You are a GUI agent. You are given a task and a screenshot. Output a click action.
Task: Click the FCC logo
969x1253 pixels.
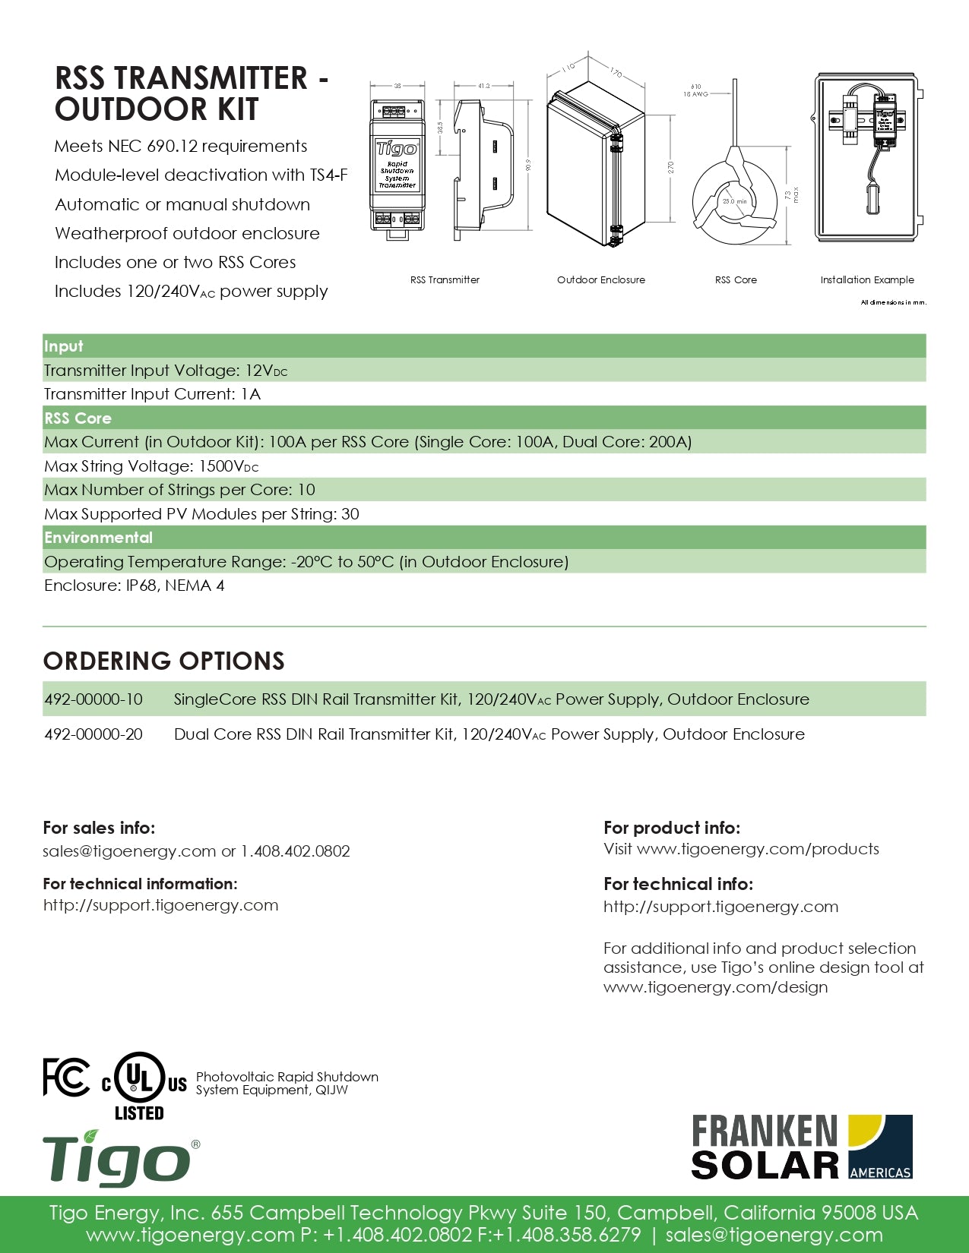click(66, 1077)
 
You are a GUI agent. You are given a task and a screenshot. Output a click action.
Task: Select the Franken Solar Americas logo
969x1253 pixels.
click(802, 1147)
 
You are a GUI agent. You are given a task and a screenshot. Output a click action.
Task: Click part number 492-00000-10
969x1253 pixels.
click(93, 699)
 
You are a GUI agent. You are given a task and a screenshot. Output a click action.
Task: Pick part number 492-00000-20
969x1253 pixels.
click(93, 734)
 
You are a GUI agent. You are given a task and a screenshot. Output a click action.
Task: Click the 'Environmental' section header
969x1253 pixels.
click(98, 538)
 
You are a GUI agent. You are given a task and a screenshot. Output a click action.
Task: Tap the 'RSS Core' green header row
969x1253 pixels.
click(78, 418)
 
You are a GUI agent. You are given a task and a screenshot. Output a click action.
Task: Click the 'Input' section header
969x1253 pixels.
click(63, 346)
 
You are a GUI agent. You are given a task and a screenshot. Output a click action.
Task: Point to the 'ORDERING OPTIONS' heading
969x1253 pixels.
click(163, 661)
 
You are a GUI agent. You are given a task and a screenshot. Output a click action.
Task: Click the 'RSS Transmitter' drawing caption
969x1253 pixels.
click(445, 280)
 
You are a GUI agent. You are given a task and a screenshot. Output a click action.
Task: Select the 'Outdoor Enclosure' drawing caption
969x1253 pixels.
click(600, 280)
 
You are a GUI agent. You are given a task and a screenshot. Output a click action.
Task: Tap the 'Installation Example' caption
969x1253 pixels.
click(866, 280)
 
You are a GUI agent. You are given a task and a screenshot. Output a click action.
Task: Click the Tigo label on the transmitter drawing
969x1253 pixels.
click(397, 149)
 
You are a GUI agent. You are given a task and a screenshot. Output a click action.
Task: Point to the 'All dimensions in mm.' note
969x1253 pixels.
click(893, 302)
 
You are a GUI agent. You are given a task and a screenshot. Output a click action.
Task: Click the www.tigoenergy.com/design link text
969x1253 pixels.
click(715, 987)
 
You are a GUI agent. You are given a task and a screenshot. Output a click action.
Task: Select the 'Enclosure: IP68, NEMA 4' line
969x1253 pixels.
click(134, 585)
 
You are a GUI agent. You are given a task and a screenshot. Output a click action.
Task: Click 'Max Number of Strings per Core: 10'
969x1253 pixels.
click(179, 490)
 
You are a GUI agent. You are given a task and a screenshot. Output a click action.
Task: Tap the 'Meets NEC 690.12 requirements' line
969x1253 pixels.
click(181, 147)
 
